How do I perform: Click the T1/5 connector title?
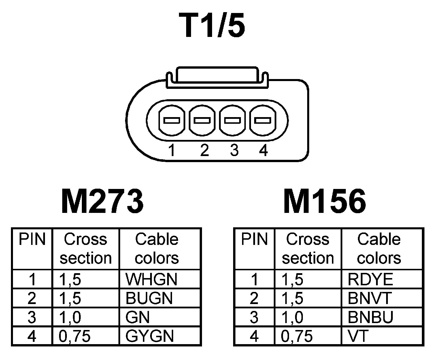212,25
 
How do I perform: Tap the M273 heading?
102,201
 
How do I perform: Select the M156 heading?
325,201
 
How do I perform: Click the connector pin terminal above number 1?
172,120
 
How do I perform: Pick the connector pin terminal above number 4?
263,120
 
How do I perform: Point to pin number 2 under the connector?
204,150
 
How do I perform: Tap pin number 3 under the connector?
234,150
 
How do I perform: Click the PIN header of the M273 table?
32,239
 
